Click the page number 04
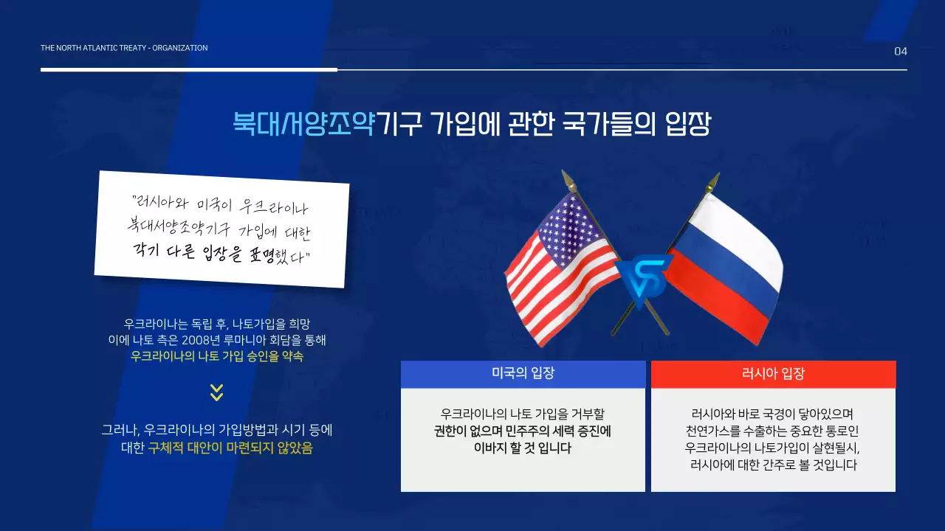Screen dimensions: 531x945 tap(900, 52)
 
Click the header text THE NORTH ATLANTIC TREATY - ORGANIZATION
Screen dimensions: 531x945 tap(124, 48)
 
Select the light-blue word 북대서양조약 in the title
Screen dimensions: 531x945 tap(304, 123)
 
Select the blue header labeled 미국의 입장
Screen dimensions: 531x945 tap(523, 374)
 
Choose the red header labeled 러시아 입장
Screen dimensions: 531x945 tap(773, 374)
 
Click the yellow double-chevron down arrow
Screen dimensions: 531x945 tap(216, 392)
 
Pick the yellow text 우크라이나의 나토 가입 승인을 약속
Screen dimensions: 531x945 tap(216, 356)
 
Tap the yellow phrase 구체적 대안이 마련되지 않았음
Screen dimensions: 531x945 tap(230, 448)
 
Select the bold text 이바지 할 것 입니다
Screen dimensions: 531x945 tap(523, 448)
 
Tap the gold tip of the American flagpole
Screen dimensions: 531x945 tap(567, 178)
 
